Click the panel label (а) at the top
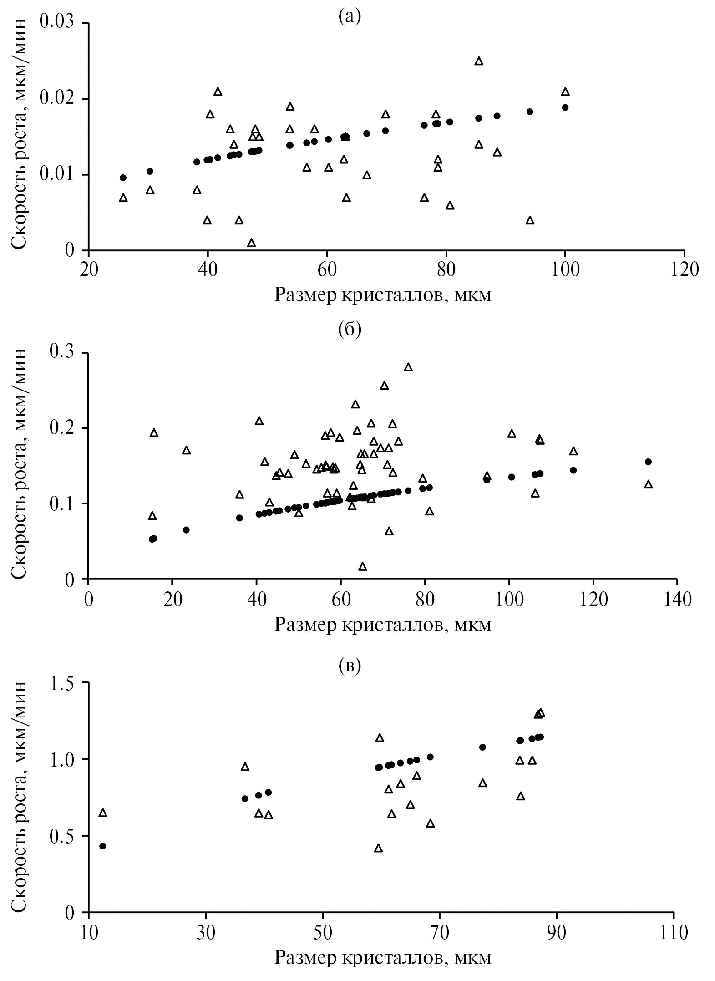pyautogui.click(x=350, y=17)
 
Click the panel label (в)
pyautogui.click(x=350, y=665)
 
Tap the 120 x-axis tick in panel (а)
pyautogui.click(x=684, y=269)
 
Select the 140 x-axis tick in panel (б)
pyautogui.click(x=677, y=599)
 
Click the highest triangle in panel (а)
pyautogui.click(x=479, y=61)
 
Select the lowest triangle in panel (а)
pyautogui.click(x=251, y=243)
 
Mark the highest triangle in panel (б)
pyautogui.click(x=408, y=367)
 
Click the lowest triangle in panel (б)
pyautogui.click(x=363, y=566)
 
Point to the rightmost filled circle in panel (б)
pyautogui.click(x=649, y=462)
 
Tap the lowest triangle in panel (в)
pyautogui.click(x=378, y=848)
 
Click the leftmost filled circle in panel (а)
pyautogui.click(x=123, y=178)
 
